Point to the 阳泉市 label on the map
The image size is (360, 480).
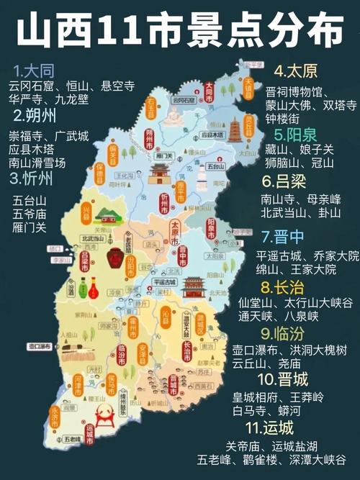click(x=211, y=228)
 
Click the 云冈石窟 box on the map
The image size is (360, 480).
click(x=186, y=101)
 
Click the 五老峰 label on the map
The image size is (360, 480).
click(x=72, y=438)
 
